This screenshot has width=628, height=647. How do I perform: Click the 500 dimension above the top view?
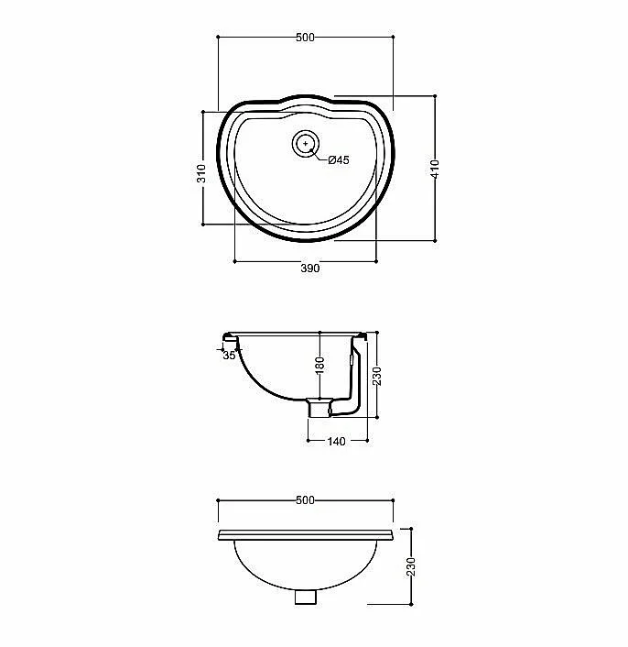click(x=305, y=38)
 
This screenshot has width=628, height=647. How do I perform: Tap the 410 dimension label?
click(x=435, y=169)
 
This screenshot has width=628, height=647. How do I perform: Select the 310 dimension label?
click(x=201, y=173)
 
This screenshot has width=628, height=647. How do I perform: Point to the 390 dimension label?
click(x=309, y=269)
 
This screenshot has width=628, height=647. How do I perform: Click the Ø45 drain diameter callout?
click(x=339, y=160)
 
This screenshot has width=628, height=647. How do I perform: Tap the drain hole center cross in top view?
click(x=306, y=143)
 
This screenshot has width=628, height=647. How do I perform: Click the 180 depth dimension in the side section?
click(x=319, y=366)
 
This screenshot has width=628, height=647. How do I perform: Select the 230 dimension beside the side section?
click(x=377, y=376)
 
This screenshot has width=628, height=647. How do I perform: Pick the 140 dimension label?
click(x=336, y=442)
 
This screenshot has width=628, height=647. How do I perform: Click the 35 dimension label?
click(x=229, y=356)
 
